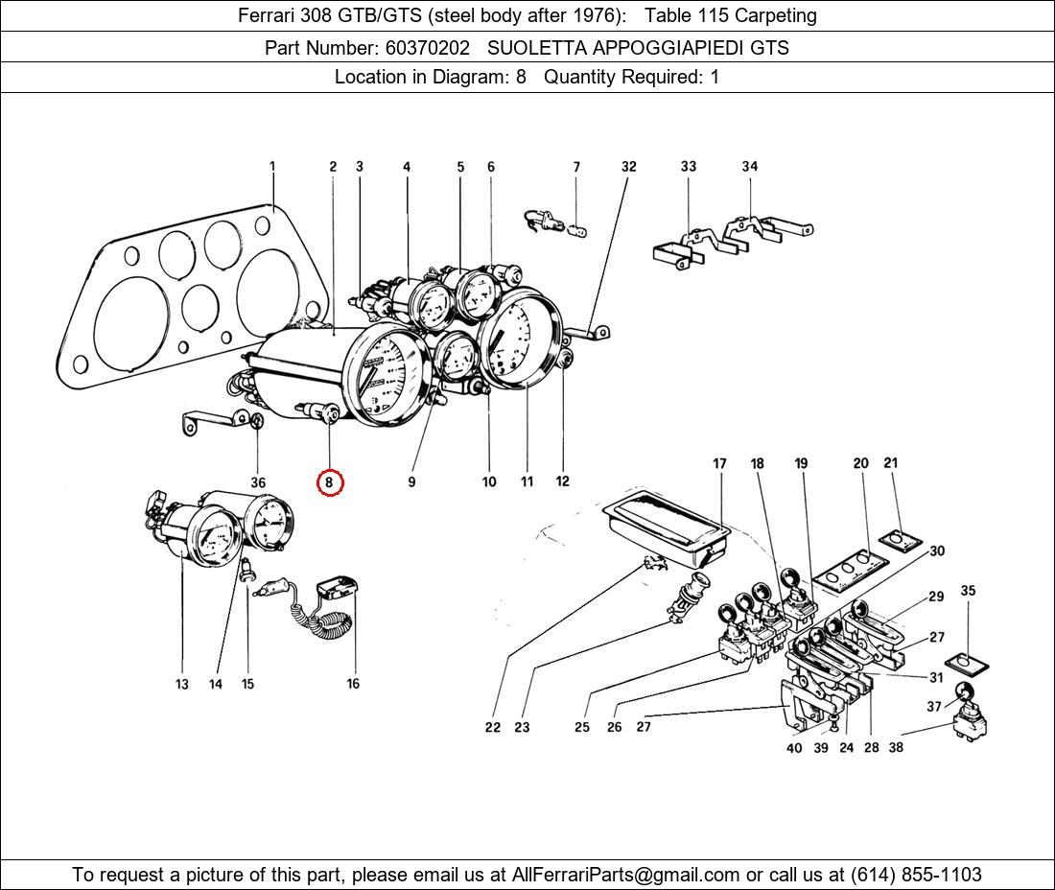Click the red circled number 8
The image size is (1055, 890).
pos(329,482)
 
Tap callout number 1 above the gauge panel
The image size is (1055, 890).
pos(272,166)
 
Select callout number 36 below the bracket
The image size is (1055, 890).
pos(258,482)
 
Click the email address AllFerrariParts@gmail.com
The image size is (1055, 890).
pos(626,875)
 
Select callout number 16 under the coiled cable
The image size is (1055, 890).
pos(353,684)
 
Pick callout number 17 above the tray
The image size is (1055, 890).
pos(719,464)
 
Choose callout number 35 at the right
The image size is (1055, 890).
pos(968,591)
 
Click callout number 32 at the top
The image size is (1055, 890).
pos(628,166)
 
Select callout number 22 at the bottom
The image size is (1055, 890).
pos(492,727)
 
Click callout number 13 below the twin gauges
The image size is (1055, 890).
pos(182,684)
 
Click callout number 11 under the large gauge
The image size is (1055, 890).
pos(527,481)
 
